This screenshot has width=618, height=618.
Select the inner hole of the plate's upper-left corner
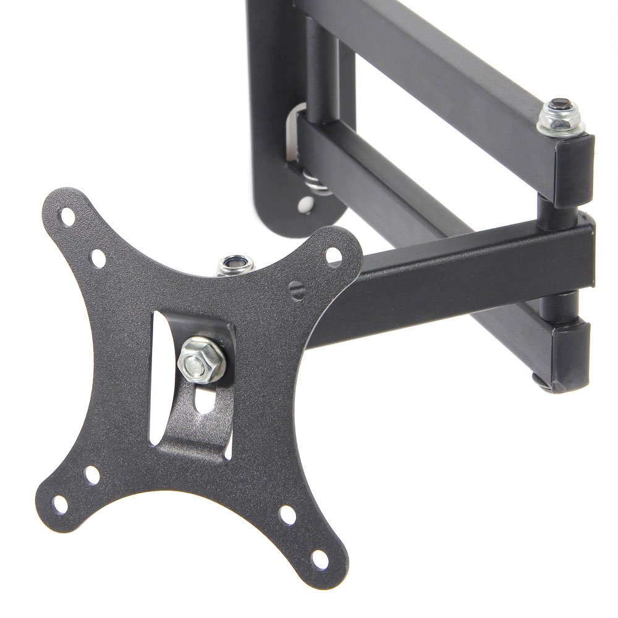(98, 254)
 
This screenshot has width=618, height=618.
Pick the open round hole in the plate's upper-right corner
(332, 253)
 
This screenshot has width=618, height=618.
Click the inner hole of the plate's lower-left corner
(92, 476)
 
